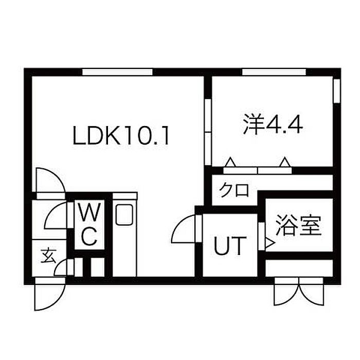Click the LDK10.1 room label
(x=121, y=135)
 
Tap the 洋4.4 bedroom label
(x=273, y=124)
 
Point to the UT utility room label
(x=230, y=246)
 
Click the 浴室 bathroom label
(x=298, y=225)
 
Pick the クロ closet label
(x=234, y=190)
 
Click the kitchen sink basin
(x=124, y=215)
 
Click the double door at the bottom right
(x=299, y=292)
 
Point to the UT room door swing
(x=183, y=229)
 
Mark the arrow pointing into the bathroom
(x=270, y=243)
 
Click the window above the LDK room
(x=118, y=72)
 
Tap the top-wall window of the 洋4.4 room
(x=274, y=72)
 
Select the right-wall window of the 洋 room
(x=337, y=91)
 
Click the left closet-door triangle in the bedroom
(x=230, y=162)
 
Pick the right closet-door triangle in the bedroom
(x=285, y=162)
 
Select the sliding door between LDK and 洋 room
(x=208, y=132)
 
